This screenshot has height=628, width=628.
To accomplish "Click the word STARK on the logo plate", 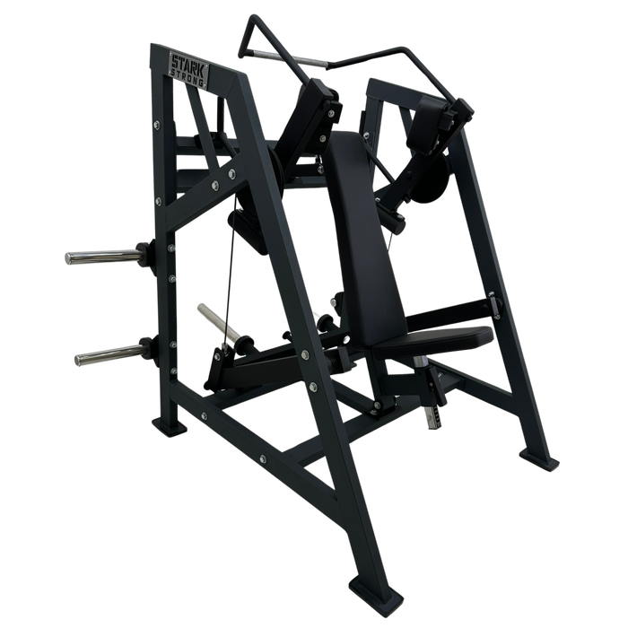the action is coord(188,64).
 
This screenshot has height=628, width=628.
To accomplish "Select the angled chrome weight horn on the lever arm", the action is coord(218,323).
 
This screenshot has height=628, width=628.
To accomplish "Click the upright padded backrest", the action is coord(362,236).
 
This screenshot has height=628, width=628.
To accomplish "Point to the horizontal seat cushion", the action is coord(437,339).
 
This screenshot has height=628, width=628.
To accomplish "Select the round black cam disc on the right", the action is coord(431,179).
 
